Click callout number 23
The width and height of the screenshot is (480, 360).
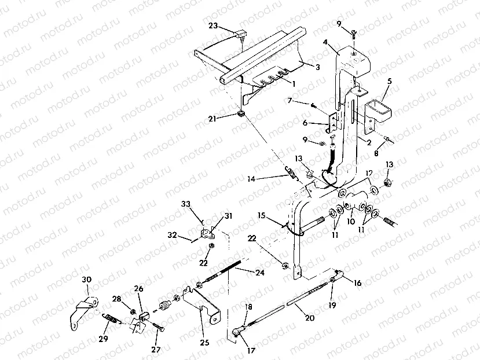point(213,25)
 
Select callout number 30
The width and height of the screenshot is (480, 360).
point(86,280)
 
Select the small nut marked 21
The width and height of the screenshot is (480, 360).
point(239,112)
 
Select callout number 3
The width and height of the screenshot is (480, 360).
point(318,67)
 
